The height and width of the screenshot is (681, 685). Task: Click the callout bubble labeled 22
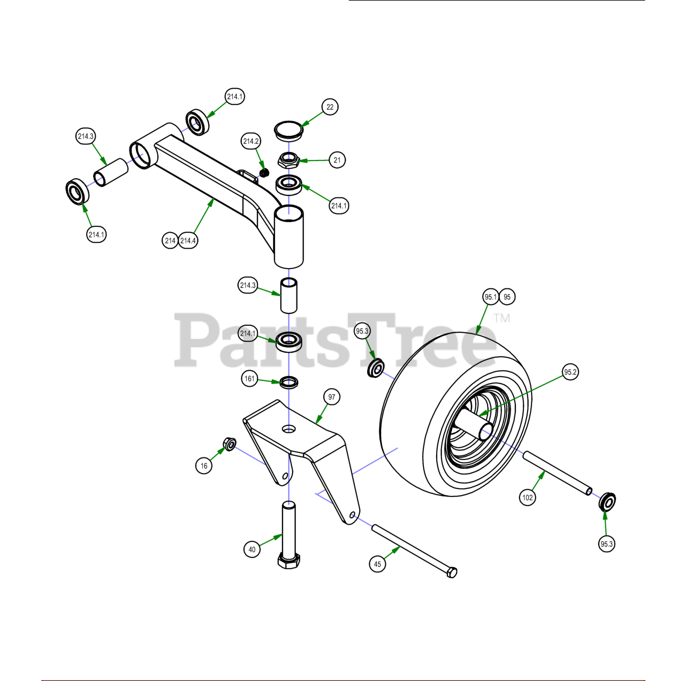tap(330, 107)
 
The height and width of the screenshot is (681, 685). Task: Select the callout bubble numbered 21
tap(337, 160)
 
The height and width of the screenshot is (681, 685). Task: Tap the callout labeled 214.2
tap(251, 141)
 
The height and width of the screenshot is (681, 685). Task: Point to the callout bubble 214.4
tap(188, 241)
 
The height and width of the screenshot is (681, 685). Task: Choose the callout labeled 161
tap(249, 379)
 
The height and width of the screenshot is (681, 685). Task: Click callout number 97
tap(332, 397)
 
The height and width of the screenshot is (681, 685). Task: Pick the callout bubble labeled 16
tap(204, 466)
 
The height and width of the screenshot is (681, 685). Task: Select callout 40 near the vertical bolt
tap(252, 549)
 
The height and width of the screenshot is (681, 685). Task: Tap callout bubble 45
tap(377, 564)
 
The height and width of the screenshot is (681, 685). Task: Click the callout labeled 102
tap(528, 498)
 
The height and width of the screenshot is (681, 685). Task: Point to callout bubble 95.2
tap(570, 372)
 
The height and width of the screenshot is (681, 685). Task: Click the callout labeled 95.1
tap(491, 297)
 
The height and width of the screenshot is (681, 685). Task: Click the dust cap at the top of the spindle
tap(289, 131)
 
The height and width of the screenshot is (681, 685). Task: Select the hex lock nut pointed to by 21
tap(288, 160)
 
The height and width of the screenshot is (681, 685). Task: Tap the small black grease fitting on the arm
tap(264, 173)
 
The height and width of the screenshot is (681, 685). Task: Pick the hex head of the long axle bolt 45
tap(452, 572)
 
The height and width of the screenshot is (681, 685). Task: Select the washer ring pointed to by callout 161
tap(289, 382)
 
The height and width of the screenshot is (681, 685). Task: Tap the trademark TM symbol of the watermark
tap(502, 318)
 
